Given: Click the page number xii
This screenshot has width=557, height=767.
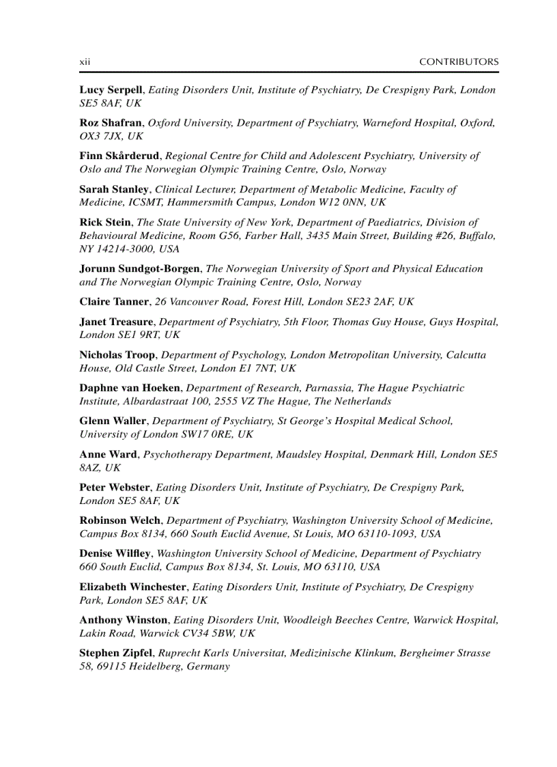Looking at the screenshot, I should [85, 61].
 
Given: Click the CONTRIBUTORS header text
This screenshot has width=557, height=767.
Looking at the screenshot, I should [459, 61].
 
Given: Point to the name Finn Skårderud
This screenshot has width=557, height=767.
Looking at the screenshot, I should [119, 156].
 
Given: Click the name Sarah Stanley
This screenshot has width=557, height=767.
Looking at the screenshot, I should [113, 189].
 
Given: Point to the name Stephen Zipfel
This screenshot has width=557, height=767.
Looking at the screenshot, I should [116, 653].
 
